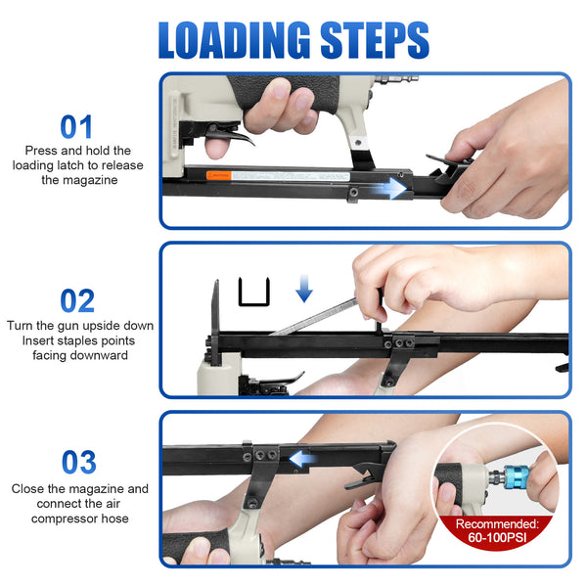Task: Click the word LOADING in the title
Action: click(235, 40)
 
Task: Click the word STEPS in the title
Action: click(375, 40)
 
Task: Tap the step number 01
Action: click(76, 127)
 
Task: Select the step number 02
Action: click(77, 300)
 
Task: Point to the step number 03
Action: click(79, 462)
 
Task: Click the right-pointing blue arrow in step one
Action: click(389, 188)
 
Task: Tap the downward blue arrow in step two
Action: click(304, 288)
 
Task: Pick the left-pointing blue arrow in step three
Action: click(302, 459)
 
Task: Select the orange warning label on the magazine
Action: click(219, 175)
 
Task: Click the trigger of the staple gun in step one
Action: click(229, 136)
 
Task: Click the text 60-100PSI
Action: click(497, 537)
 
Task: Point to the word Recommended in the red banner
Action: click(497, 523)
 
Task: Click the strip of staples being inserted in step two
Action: click(314, 316)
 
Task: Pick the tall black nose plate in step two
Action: click(215, 322)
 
